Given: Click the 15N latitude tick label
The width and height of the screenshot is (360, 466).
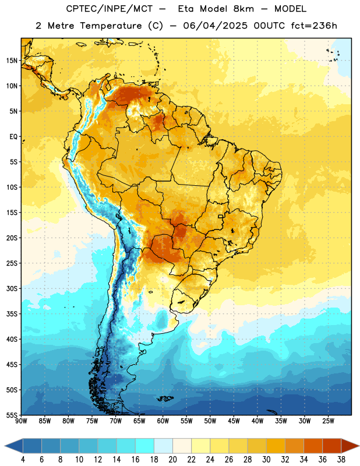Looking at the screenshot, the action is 12,61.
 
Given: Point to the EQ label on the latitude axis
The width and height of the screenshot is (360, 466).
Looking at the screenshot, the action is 13,137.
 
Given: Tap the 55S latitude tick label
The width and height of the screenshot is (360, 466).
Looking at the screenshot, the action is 12,415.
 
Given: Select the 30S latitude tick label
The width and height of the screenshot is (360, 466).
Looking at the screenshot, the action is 12,288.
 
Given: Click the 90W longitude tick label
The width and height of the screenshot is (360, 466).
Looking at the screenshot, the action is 21,421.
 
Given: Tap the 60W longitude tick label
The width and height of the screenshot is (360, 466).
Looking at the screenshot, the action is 163,421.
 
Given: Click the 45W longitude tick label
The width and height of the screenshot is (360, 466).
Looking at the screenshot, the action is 234,421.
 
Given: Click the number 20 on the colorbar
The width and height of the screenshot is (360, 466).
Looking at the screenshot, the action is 172,460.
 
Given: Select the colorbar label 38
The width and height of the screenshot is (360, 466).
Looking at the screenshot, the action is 341,460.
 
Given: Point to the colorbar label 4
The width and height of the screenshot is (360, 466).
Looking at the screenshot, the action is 23,460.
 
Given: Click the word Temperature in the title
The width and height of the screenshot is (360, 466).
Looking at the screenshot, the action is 111,26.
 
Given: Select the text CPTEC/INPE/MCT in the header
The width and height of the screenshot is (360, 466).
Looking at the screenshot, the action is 109,9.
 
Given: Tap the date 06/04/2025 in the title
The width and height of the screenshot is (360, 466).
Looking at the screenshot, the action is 215,26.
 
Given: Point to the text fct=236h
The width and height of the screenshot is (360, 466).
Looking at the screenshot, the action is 314,26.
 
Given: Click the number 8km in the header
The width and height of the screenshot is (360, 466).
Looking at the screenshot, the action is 243,9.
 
